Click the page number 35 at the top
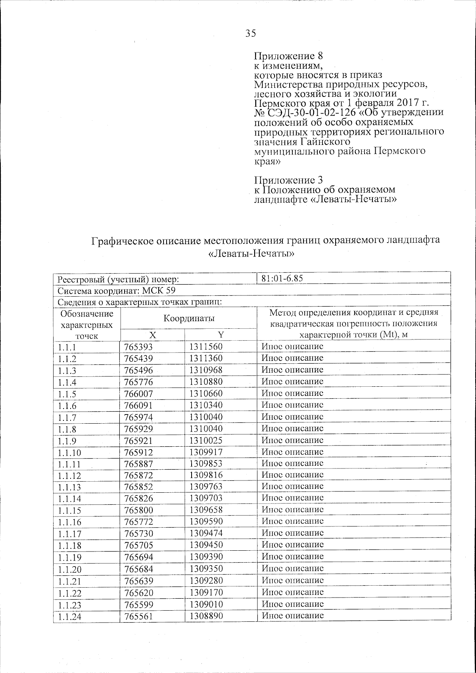[250, 33]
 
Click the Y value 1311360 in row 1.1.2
[206, 358]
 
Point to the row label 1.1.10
[69, 452]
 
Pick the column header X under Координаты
[152, 335]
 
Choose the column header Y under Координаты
[221, 335]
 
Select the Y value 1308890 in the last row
[206, 615]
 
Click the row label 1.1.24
[69, 616]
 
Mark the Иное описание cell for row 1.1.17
[293, 533]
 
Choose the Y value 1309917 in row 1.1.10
[206, 452]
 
